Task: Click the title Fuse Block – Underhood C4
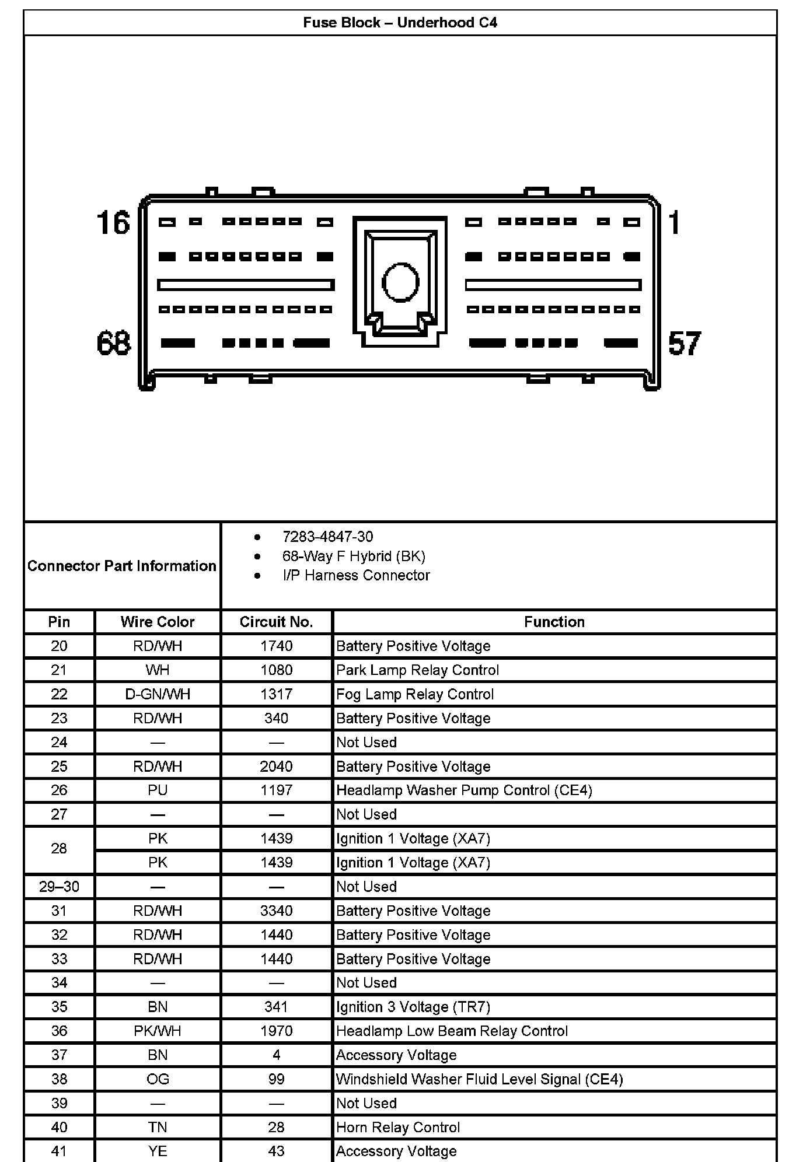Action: (400, 23)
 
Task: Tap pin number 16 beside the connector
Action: (113, 223)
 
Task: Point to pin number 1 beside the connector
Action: (675, 223)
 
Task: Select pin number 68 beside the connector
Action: (114, 343)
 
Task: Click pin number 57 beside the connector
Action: (684, 343)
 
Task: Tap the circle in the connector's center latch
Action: (400, 282)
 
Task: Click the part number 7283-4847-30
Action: (327, 537)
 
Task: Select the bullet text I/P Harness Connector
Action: (356, 575)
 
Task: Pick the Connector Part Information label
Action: (121, 566)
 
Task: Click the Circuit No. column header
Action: (276, 622)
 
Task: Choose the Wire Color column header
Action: (158, 622)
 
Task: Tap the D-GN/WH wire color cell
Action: (158, 694)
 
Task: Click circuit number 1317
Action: (276, 694)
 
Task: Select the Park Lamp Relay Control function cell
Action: (417, 670)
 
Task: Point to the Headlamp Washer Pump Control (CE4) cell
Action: (464, 790)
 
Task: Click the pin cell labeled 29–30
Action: (59, 887)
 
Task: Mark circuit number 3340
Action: (276, 911)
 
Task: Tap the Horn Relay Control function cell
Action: (398, 1127)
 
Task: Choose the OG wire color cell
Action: (158, 1079)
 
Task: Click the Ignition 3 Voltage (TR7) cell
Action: (413, 1007)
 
